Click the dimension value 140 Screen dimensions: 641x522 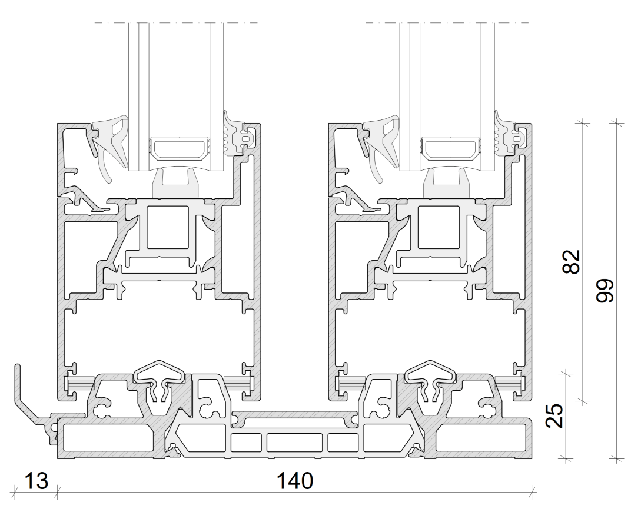coord(295,481)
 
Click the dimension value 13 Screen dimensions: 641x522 coord(36,481)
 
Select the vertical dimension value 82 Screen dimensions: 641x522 coord(572,262)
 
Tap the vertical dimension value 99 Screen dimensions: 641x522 coord(605,291)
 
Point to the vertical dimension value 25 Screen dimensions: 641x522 coord(554,415)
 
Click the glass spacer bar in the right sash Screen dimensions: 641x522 coord(450,148)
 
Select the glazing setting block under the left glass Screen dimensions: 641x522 coord(176,182)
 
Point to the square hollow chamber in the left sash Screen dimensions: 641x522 coord(167,227)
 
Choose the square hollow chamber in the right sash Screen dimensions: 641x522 coord(439,227)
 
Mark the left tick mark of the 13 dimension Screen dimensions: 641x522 coord(15,492)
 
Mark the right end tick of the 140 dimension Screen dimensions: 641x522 coord(532,492)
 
